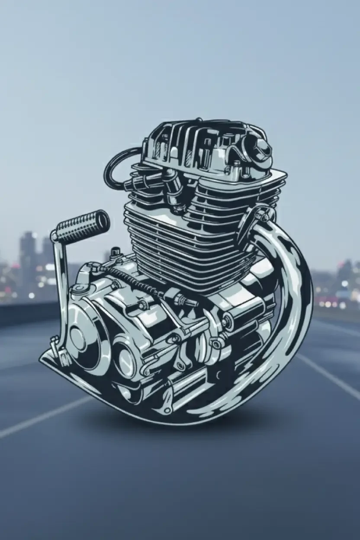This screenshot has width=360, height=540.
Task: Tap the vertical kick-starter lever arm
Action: tap(61, 281)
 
